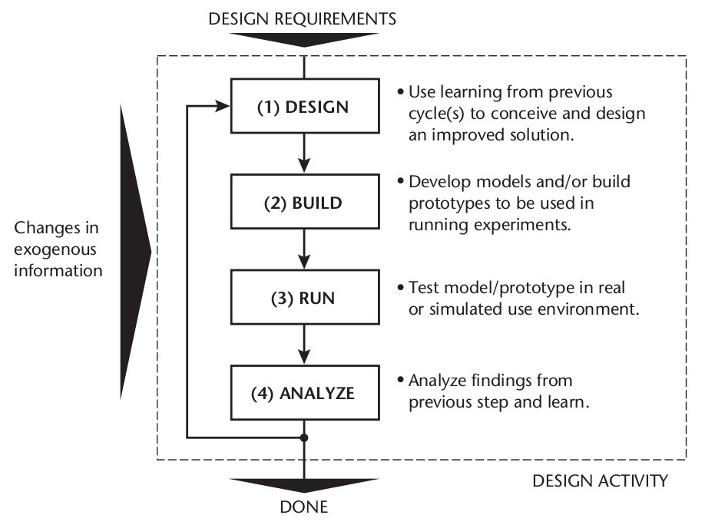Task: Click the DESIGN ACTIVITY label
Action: tap(600, 481)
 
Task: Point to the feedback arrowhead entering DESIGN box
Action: tap(224, 107)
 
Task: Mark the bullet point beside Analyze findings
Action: tap(402, 381)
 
